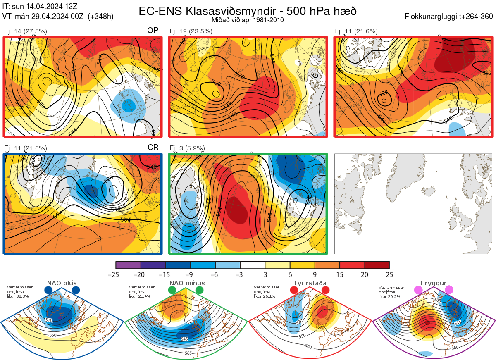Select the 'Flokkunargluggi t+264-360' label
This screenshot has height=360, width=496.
pos(450,17)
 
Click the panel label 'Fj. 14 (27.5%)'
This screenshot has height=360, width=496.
pos(26,31)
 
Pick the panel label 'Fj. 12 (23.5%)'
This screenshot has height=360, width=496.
pos(191,31)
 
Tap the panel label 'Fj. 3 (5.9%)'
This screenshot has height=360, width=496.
pos(187,148)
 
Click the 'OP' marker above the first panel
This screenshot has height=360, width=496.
pos(153,31)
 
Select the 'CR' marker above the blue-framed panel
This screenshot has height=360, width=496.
pos(153,148)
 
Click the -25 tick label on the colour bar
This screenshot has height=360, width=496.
pos(116,274)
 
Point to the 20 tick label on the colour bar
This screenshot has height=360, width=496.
pos(365,274)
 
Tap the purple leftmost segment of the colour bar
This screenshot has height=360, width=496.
pos(128,265)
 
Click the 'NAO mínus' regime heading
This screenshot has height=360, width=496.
pos(187,283)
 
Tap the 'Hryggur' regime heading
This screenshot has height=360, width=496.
pos(433,283)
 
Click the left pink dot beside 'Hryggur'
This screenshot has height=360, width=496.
pos(418,290)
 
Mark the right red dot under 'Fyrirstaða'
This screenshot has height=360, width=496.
pos(325,290)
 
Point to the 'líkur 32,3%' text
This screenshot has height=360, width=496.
pos(18,296)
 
